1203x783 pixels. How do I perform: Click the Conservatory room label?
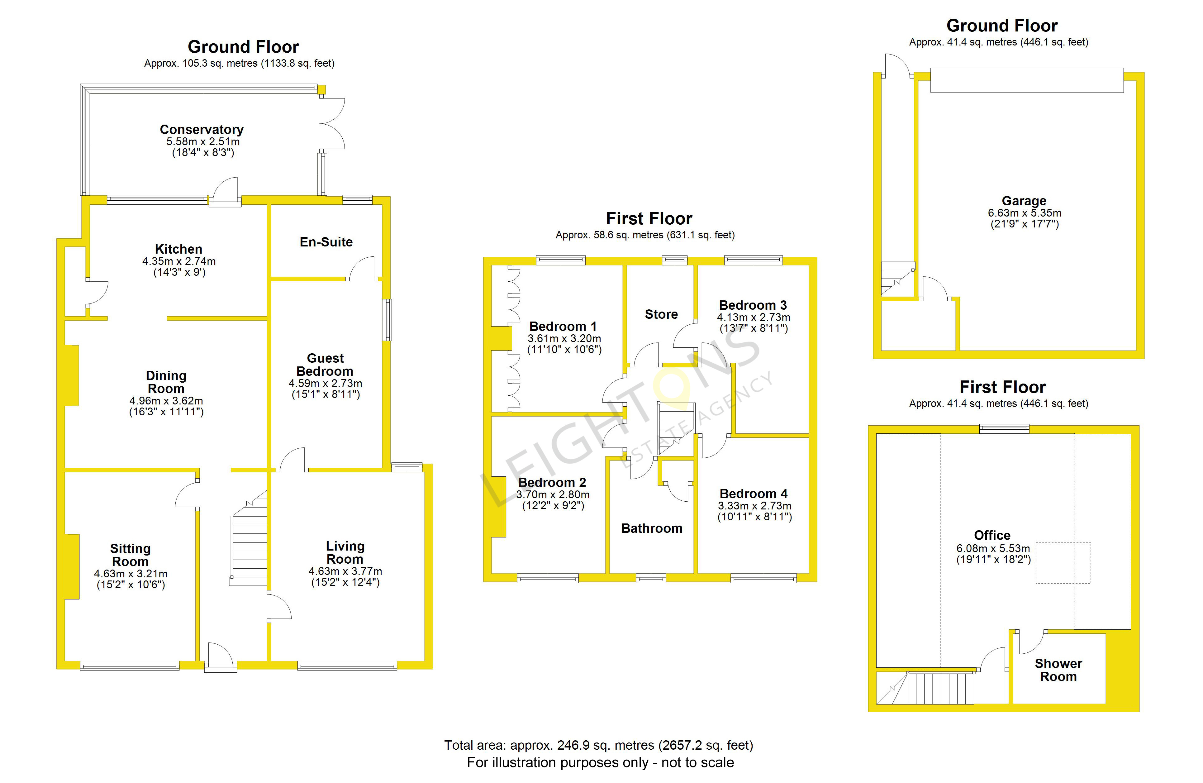coord(201,130)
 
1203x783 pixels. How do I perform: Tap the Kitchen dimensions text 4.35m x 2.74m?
coord(179,261)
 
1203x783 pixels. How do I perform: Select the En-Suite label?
coord(326,242)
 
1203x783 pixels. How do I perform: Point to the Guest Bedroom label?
coord(325,365)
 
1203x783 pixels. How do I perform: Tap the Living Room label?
coord(345,552)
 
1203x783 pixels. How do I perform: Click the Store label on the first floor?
coord(661,314)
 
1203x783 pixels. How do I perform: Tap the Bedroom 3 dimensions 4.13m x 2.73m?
coord(753,317)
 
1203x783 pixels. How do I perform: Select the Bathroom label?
coord(652,528)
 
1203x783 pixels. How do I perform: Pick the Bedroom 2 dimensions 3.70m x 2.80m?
coord(553,494)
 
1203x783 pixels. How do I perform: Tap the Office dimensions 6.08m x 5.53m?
coord(993,548)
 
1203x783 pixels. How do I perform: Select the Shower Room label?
coord(1058,670)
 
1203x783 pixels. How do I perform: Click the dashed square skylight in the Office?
coord(1063,563)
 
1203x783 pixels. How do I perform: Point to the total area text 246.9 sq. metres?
coord(598,745)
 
